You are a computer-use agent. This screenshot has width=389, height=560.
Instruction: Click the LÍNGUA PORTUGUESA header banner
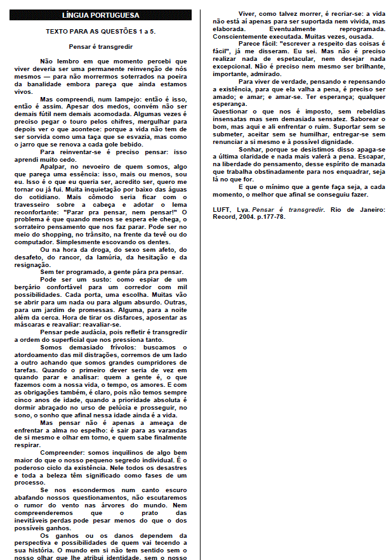click(x=102, y=15)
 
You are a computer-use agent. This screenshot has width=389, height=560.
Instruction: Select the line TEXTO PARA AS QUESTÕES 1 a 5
click(x=102, y=30)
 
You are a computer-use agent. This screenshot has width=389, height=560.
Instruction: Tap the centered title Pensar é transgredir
click(x=102, y=46)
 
